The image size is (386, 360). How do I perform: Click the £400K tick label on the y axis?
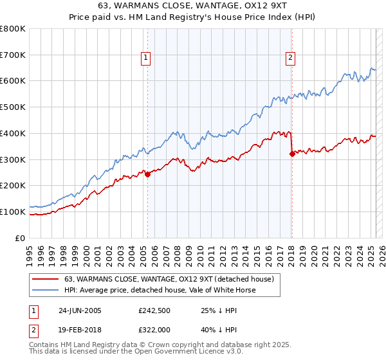point(13,133)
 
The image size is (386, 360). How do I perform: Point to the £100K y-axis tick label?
point(13,212)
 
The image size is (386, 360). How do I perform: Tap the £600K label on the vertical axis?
point(13,81)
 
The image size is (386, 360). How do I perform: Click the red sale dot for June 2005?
point(148,174)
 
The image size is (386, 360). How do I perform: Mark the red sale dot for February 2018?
point(292,154)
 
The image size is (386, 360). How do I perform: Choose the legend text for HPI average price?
point(160,290)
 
